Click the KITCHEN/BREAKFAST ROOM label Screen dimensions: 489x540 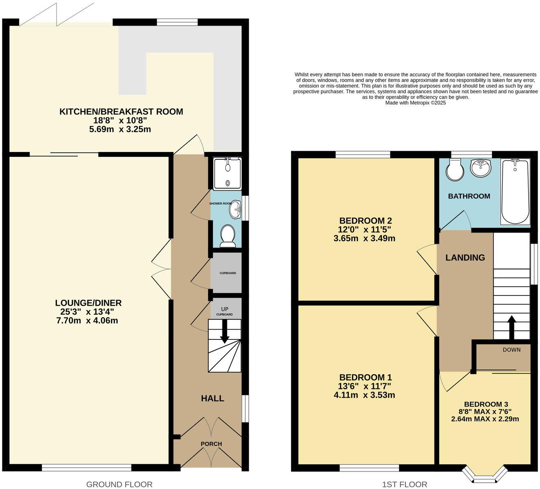pyautogui.click(x=121, y=111)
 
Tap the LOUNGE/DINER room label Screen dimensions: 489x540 pyautogui.click(x=88, y=303)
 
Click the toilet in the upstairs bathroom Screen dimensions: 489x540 pyautogui.click(x=454, y=170)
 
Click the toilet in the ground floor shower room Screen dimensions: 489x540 pyautogui.click(x=228, y=236)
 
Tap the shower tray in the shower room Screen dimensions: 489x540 pyautogui.click(x=227, y=174)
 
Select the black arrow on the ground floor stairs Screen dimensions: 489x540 pyautogui.click(x=224, y=333)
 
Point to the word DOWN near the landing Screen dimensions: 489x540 pyautogui.click(x=511, y=350)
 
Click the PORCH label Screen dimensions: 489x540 pyautogui.click(x=211, y=444)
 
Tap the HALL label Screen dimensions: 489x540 pyautogui.click(x=212, y=398)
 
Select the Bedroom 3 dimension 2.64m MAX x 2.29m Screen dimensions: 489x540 pyautogui.click(x=485, y=419)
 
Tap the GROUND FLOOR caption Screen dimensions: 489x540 pyautogui.click(x=119, y=484)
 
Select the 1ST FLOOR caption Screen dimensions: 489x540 pyautogui.click(x=405, y=484)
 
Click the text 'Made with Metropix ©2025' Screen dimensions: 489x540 pyautogui.click(x=415, y=103)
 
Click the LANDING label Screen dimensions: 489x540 pyautogui.click(x=465, y=257)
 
